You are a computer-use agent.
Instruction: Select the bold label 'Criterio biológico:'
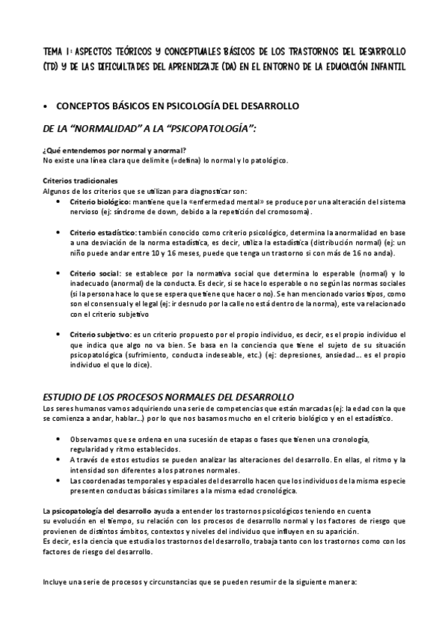pyautogui.click(x=100, y=202)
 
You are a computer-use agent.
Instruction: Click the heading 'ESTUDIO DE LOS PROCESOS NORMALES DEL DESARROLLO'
pyautogui.click(x=168, y=395)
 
